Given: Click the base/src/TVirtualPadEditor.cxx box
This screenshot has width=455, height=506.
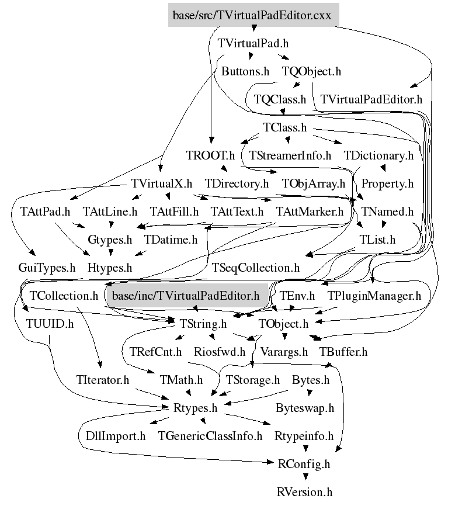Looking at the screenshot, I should click(253, 15).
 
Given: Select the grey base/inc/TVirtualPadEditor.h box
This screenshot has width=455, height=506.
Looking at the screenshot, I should click(185, 296).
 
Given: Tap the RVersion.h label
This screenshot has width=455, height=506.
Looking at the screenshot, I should click(304, 492).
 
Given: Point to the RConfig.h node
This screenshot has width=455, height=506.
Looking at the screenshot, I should click(304, 464).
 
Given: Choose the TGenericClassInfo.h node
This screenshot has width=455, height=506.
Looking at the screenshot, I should click(210, 436).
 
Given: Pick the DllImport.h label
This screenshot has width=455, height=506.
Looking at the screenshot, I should click(112, 436).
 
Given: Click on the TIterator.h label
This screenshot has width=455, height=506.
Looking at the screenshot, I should click(102, 380).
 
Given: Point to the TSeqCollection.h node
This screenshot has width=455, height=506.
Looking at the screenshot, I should click(255, 268).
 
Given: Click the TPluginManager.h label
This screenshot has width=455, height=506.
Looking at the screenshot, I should click(374, 296).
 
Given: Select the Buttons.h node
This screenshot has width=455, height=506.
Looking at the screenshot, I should click(245, 71).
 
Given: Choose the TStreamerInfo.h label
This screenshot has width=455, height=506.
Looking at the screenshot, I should click(290, 155).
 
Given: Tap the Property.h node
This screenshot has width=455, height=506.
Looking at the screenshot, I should click(387, 183).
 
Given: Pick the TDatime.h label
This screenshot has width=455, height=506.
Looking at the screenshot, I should click(171, 240).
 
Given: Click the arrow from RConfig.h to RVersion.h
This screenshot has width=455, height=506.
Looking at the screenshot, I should click(304, 478).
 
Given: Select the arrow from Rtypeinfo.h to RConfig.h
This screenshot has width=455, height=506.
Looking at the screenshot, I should click(304, 449).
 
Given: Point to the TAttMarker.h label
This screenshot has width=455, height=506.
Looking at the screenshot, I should click(310, 212).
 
